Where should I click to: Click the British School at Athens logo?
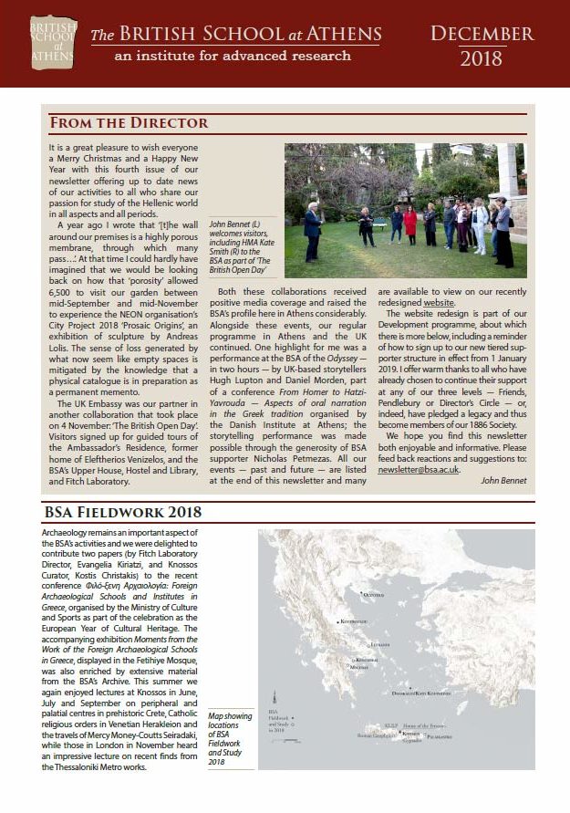point(52,42)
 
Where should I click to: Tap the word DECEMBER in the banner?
point(482,34)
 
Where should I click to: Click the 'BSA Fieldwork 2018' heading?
point(124,511)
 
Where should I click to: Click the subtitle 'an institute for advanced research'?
point(220,56)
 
